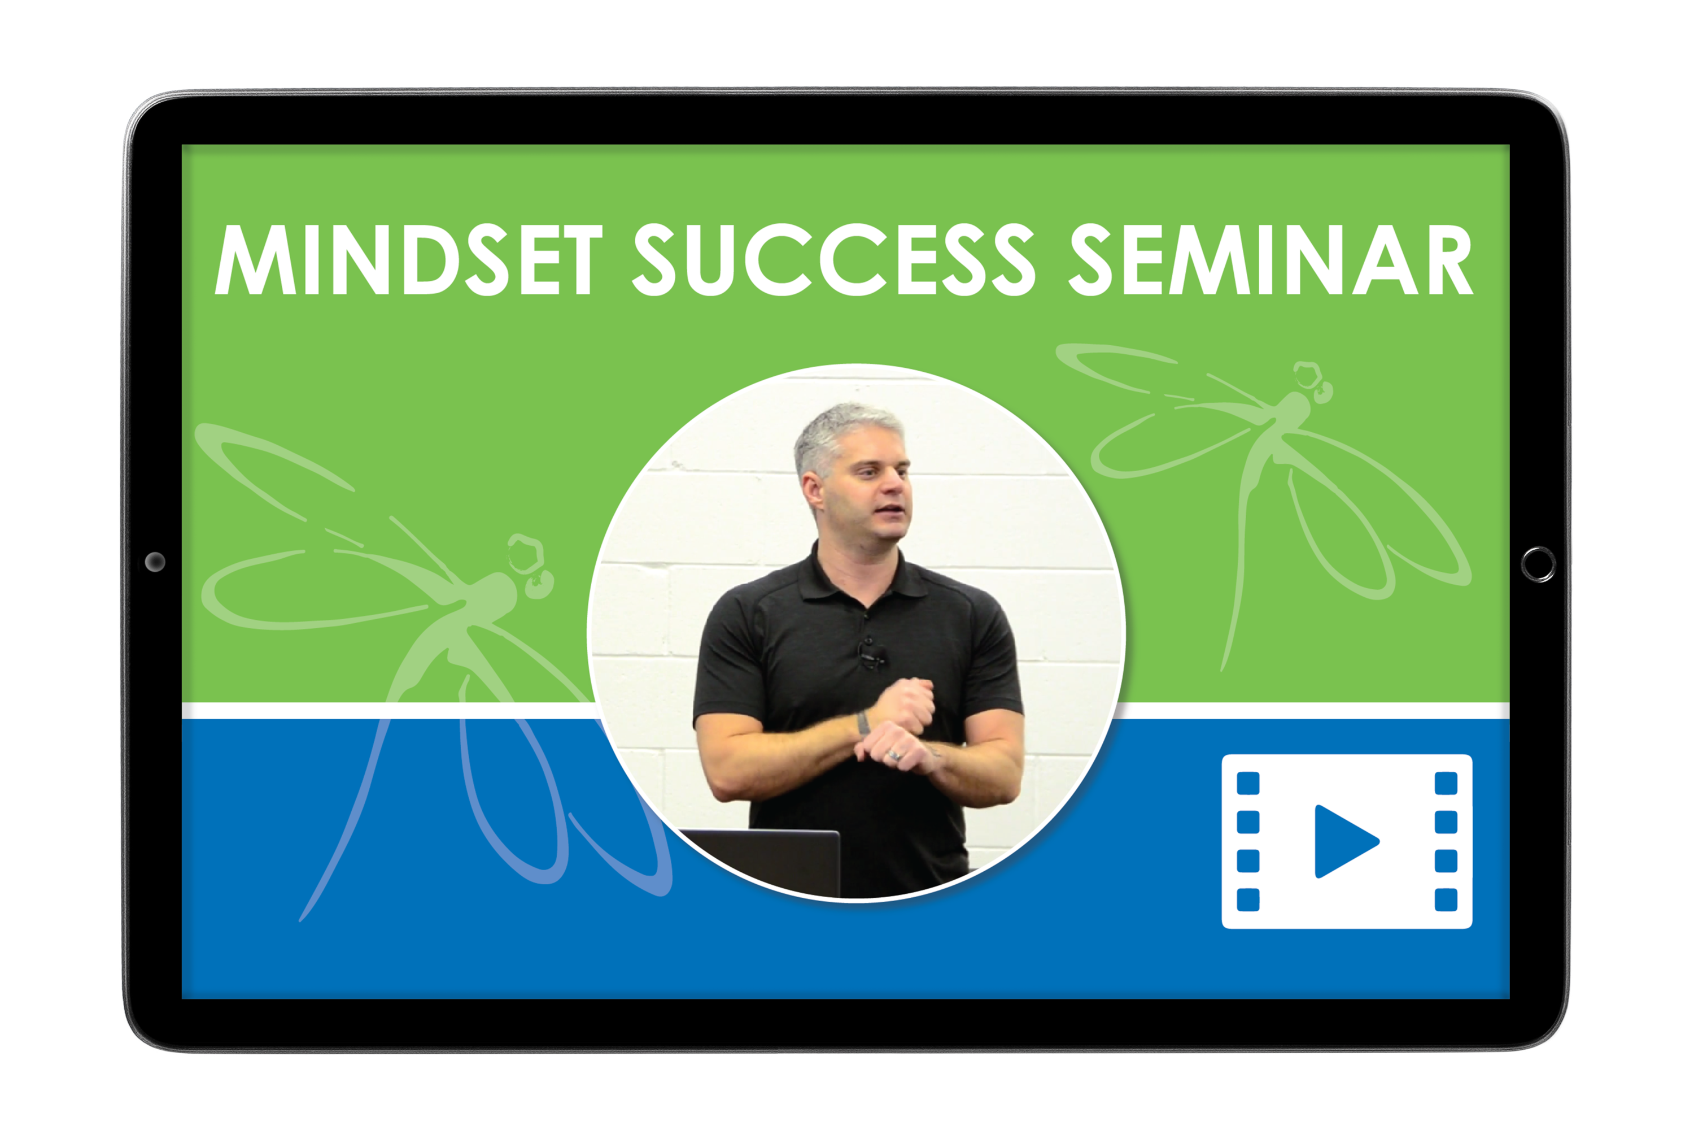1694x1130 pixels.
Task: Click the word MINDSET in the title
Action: pos(408,259)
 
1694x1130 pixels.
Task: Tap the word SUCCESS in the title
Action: pos(833,259)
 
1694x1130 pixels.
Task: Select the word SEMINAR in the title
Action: pos(1270,259)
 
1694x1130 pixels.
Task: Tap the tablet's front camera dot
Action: pos(155,562)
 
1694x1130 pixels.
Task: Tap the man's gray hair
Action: pos(842,432)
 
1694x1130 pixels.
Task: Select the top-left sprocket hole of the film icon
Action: pos(1248,783)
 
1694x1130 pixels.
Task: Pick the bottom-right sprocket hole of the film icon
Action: pos(1446,899)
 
